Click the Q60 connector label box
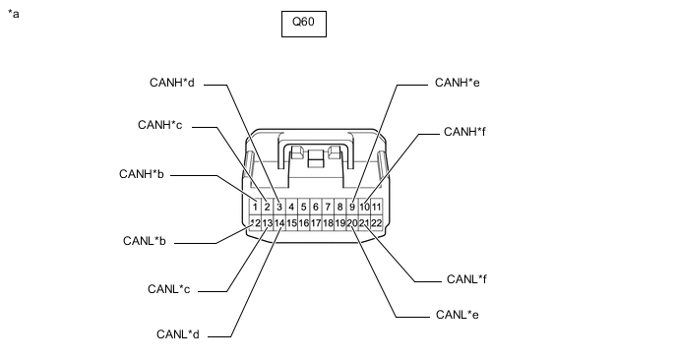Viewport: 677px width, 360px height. [304, 25]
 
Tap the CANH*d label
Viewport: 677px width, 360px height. [172, 83]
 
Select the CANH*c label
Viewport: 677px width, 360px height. [160, 125]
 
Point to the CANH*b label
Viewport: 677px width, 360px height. [142, 174]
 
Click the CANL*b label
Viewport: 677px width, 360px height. [145, 240]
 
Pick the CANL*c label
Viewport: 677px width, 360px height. [169, 289]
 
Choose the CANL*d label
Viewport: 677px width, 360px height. [178, 334]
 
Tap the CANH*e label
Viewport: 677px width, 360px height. [458, 83]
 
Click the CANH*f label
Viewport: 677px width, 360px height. [464, 132]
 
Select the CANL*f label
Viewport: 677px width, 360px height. [466, 279]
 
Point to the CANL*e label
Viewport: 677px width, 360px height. [458, 315]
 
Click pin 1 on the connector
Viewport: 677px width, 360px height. [255, 208]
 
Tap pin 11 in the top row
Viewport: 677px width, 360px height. [377, 208]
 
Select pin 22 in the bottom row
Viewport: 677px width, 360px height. [377, 223]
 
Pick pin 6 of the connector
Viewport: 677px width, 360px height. [316, 208]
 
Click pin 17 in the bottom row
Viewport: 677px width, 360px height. [316, 223]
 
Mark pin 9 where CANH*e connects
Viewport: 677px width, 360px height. [352, 208]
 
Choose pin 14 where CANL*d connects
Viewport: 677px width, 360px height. [279, 223]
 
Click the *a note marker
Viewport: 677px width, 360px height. [14, 14]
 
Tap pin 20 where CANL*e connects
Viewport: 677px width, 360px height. [352, 223]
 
